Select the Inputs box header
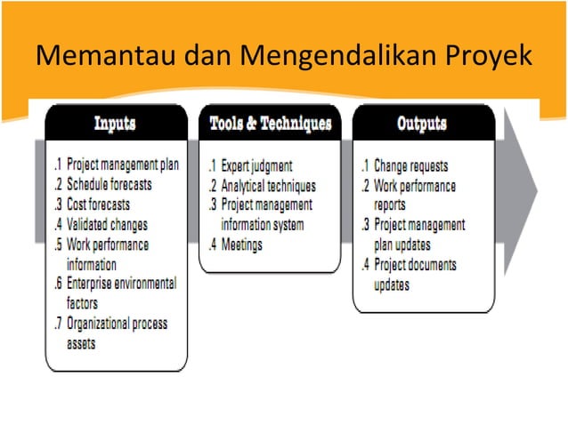[115, 123]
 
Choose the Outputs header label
[421, 123]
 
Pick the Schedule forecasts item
[109, 185]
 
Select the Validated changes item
[107, 224]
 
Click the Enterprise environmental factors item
[120, 293]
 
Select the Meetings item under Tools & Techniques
[242, 245]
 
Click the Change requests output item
[410, 165]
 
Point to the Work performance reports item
[415, 195]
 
